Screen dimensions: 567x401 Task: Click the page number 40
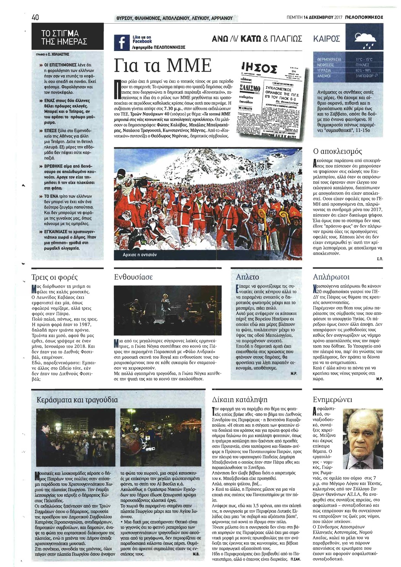click(x=36, y=17)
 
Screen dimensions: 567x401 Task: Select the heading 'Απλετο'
click(x=247, y=277)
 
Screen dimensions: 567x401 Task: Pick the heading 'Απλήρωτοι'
click(x=330, y=277)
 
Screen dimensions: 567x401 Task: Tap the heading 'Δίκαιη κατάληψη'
click(x=239, y=400)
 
